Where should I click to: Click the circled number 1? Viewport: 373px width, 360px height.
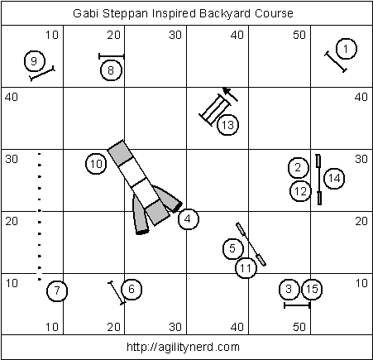point(347,49)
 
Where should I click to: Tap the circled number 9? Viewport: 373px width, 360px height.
point(35,61)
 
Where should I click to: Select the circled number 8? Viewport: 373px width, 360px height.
point(111,70)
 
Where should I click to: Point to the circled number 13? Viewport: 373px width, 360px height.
point(227,125)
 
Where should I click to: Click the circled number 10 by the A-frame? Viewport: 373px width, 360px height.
point(96,164)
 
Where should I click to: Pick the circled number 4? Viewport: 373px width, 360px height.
point(189,219)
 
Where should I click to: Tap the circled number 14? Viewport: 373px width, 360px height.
point(334,178)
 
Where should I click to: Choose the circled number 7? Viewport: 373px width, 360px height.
point(57,290)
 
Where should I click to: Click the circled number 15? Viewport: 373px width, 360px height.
point(312,289)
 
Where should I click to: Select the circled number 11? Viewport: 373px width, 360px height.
point(246,268)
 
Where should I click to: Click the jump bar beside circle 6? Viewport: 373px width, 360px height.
point(117,293)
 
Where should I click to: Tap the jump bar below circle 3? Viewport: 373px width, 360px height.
point(297,305)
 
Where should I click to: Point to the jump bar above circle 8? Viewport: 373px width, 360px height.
point(112,56)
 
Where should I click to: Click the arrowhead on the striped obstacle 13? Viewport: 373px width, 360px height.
point(226,91)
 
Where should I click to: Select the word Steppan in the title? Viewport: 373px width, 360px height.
point(126,13)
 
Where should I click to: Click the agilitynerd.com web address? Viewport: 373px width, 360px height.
point(183,347)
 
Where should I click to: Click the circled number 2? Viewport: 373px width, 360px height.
point(298,168)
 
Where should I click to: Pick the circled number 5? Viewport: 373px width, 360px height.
point(233,248)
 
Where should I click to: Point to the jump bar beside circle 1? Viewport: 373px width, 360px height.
point(336,62)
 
